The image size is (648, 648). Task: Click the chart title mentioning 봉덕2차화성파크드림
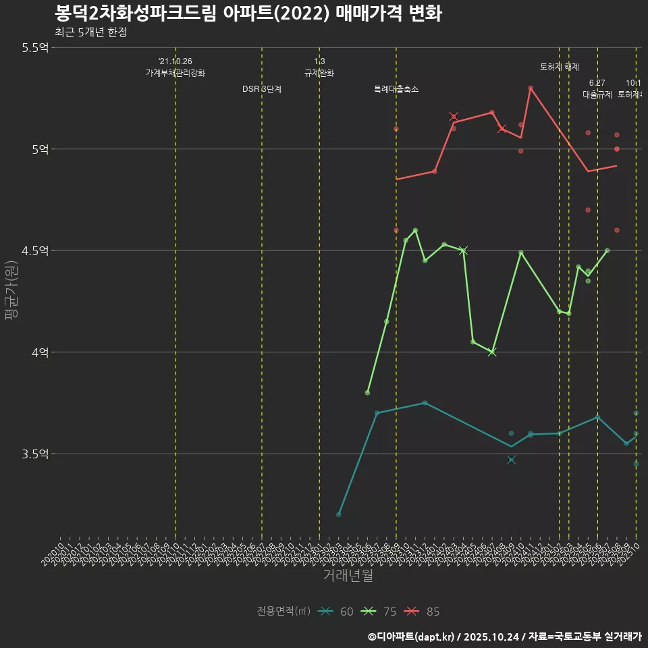click(248, 13)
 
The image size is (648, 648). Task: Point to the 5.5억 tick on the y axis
click(35, 47)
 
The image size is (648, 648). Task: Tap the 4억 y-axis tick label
click(40, 352)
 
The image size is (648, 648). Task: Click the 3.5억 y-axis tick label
click(35, 454)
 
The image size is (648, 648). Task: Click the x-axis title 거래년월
click(348, 576)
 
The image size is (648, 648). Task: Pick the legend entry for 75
click(379, 612)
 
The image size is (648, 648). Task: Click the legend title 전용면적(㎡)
click(283, 612)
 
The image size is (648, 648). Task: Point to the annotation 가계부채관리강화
click(175, 73)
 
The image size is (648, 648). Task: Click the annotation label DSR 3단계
click(262, 89)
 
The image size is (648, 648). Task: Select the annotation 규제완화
click(319, 73)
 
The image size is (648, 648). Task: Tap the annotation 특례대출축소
click(396, 89)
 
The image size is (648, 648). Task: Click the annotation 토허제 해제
click(560, 67)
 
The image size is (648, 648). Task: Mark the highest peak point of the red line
click(531, 88)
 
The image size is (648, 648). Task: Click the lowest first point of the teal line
click(339, 514)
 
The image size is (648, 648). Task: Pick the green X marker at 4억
click(492, 352)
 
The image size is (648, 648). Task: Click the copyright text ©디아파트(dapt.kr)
click(411, 637)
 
